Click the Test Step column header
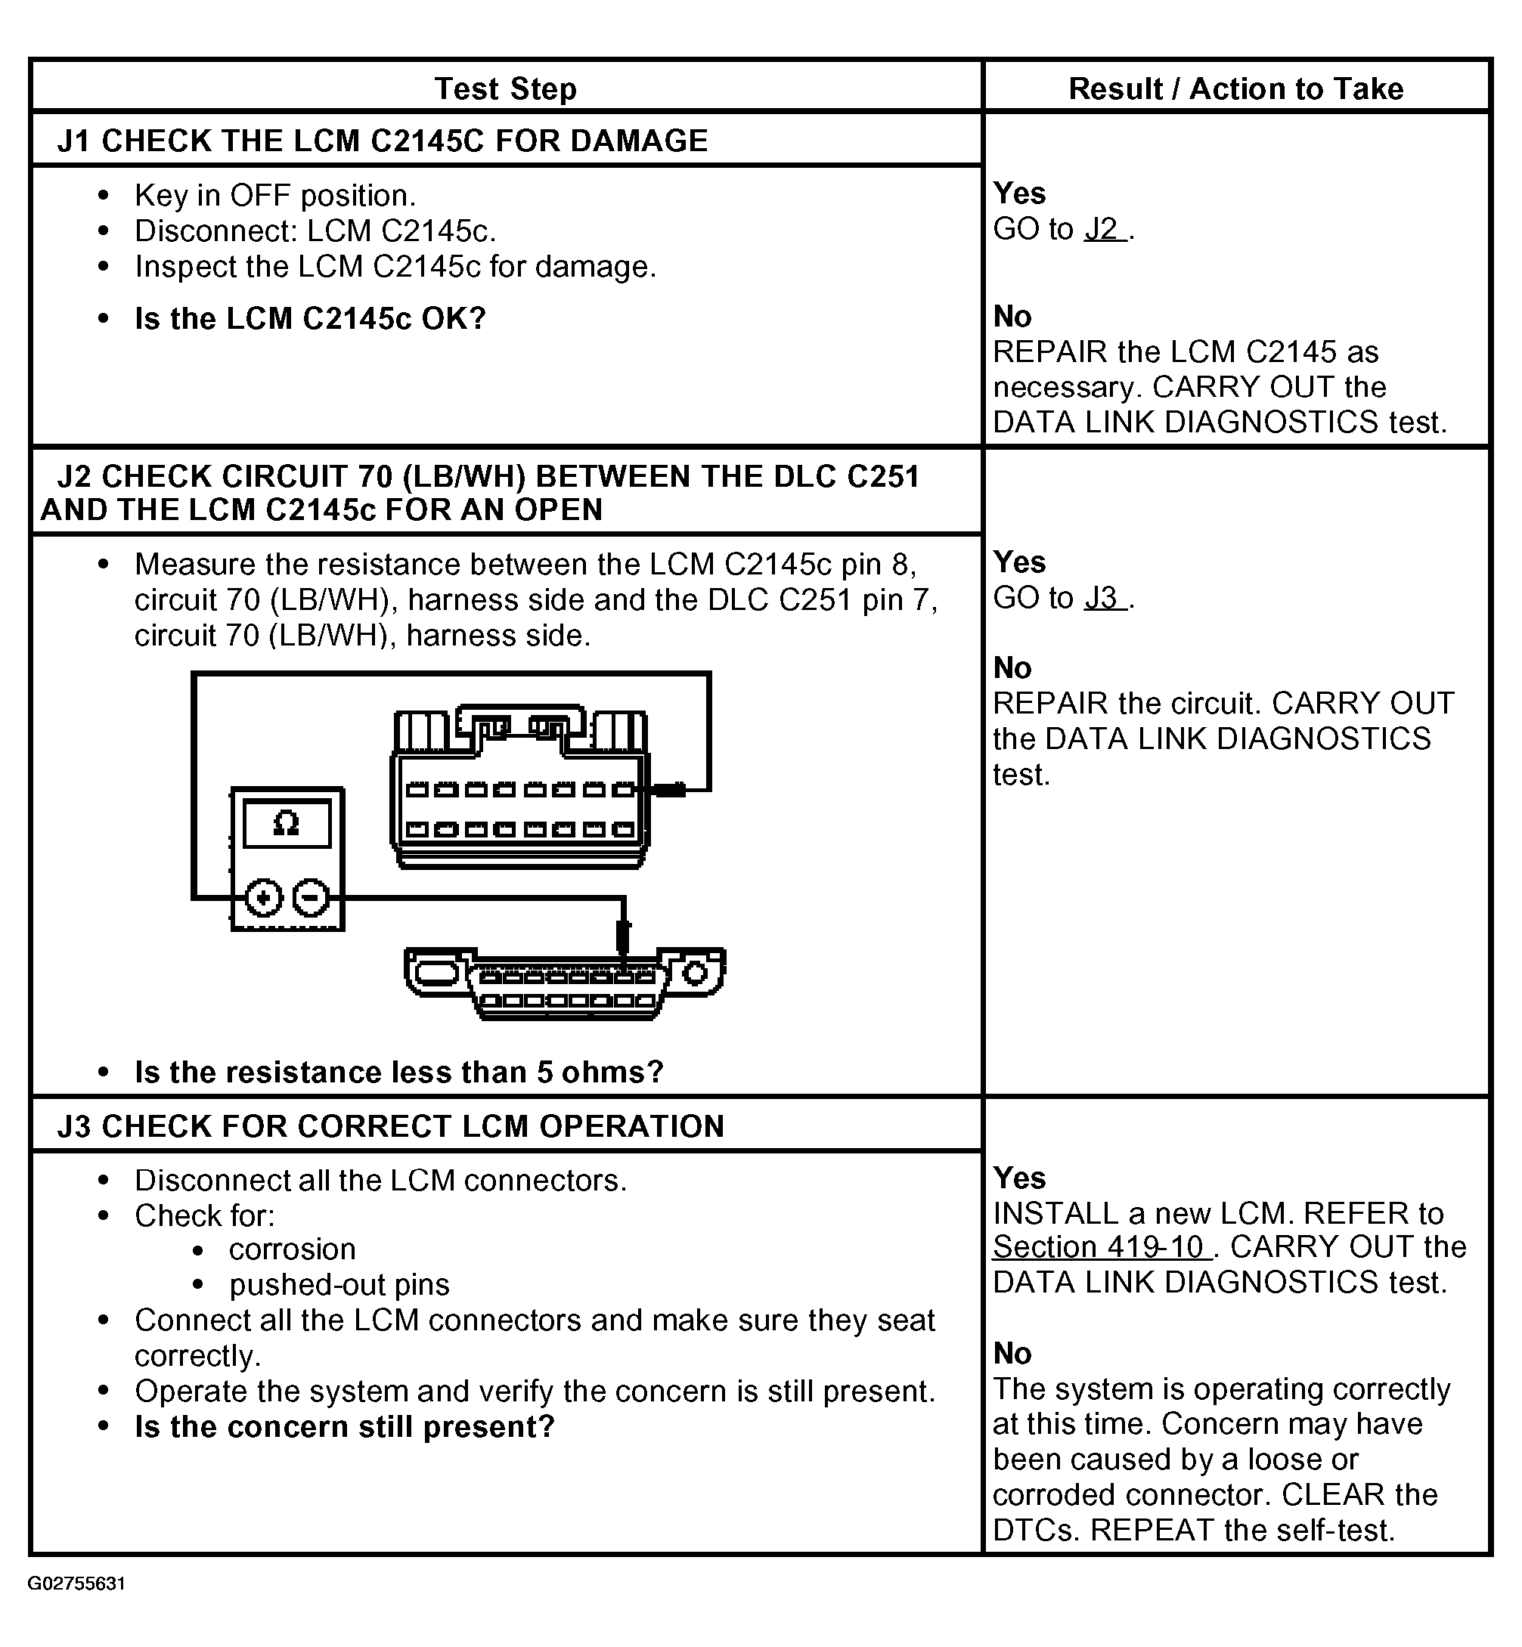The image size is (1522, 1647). [505, 88]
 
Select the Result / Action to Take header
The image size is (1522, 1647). [1235, 88]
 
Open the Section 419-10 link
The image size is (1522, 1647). [1100, 1247]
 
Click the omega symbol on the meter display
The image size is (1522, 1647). [286, 822]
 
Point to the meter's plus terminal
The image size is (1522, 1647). [264, 898]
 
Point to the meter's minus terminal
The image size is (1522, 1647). [312, 898]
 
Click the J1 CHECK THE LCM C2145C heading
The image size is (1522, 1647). [382, 141]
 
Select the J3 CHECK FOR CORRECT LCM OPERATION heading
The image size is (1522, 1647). [390, 1125]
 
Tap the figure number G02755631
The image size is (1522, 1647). [76, 1584]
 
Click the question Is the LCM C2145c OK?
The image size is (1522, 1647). [311, 319]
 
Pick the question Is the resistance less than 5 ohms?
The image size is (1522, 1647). [398, 1073]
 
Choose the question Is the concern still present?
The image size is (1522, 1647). [344, 1426]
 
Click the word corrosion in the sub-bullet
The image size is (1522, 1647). [293, 1249]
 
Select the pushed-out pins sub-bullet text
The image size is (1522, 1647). [339, 1285]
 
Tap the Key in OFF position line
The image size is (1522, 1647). [275, 196]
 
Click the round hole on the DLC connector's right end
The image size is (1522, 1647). [696, 975]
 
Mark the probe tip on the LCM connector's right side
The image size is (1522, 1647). [668, 791]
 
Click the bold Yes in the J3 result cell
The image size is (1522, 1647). [1018, 1178]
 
